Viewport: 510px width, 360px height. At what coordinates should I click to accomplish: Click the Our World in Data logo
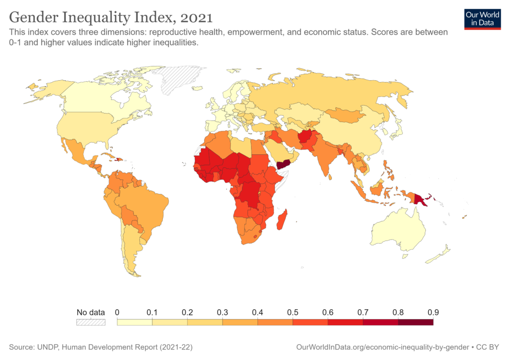click(x=482, y=18)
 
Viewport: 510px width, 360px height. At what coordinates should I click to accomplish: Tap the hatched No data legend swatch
click(x=91, y=322)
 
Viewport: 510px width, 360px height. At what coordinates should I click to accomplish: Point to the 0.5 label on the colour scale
click(x=292, y=312)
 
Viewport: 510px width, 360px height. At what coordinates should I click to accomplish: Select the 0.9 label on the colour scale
click(x=433, y=312)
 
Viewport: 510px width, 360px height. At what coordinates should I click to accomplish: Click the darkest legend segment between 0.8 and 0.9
click(x=415, y=322)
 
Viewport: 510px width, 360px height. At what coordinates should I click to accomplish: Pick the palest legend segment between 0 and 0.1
click(x=134, y=322)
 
